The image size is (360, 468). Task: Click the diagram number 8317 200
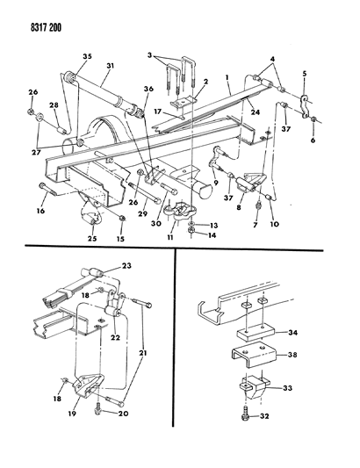[46, 28]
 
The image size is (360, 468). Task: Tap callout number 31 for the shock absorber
[110, 66]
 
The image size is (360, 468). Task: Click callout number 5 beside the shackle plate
[304, 74]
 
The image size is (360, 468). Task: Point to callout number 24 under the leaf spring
[256, 112]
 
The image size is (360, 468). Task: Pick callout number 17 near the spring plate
[158, 112]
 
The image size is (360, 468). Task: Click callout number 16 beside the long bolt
[41, 211]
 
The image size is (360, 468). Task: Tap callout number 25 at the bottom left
[92, 239]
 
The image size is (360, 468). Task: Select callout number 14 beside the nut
[212, 235]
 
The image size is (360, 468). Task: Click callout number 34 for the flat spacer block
[293, 332]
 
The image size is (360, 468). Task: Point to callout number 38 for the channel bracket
[293, 355]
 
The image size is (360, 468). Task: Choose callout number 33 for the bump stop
[287, 388]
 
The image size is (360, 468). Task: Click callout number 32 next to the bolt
[264, 416]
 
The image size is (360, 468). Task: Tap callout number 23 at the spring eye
[126, 265]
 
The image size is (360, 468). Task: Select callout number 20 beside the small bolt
[123, 414]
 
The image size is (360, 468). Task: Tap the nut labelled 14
[191, 231]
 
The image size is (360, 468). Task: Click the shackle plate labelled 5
[303, 105]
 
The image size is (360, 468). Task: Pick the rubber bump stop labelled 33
[254, 388]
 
